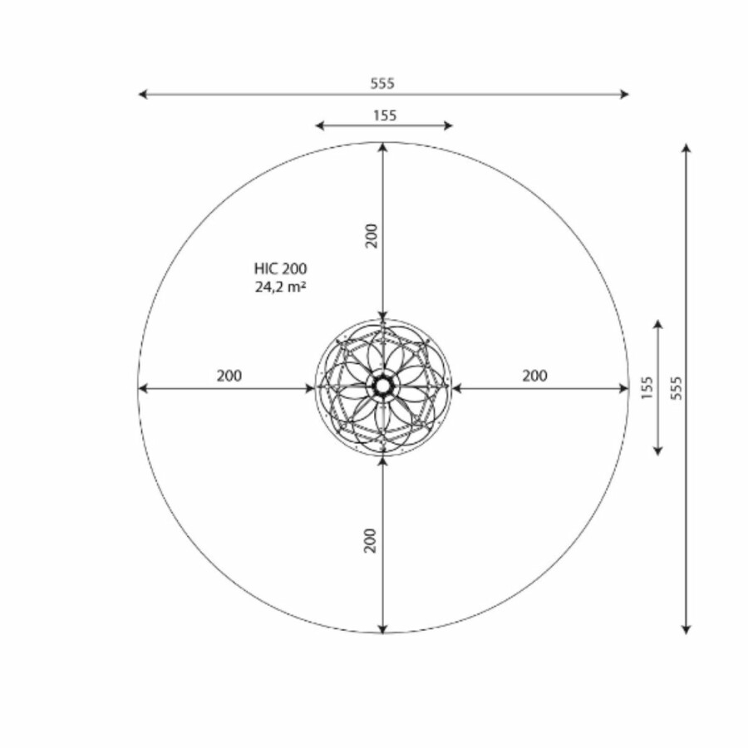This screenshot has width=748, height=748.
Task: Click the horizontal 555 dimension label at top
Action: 382,83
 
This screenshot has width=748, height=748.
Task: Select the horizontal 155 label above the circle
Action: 385,116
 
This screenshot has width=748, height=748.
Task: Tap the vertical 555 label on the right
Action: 677,388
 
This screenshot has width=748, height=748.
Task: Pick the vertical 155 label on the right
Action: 647,388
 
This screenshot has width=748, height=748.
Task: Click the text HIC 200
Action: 281,268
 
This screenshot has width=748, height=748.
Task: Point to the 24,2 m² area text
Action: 281,287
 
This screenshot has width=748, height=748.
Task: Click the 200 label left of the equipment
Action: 229,376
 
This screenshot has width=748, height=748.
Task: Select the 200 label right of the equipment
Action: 534,376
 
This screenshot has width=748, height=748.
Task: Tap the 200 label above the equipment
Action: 372,236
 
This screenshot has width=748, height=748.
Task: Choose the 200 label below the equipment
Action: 370,540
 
